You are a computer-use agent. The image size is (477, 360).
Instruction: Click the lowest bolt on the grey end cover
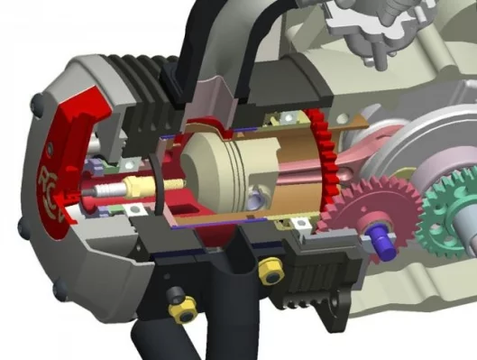(60, 291)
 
